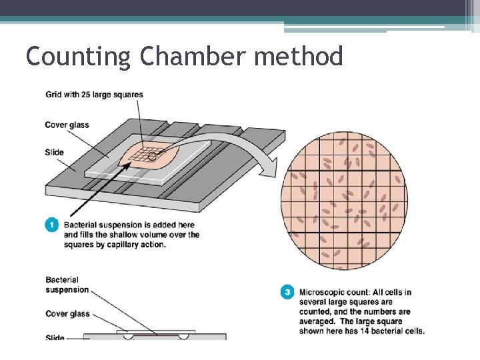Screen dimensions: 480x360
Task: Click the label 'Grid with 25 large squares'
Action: pos(94,95)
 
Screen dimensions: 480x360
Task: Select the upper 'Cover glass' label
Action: pos(67,125)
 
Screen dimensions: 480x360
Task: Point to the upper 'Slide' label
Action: pos(55,152)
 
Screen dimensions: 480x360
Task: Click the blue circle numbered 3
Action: pos(287,292)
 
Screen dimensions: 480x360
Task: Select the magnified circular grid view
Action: pos(344,199)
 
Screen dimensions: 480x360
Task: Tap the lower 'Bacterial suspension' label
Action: pos(67,285)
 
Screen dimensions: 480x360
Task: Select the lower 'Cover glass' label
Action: pos(67,313)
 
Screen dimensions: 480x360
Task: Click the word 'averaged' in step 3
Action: pos(318,321)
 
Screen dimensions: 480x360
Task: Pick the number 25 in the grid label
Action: pos(93,95)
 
